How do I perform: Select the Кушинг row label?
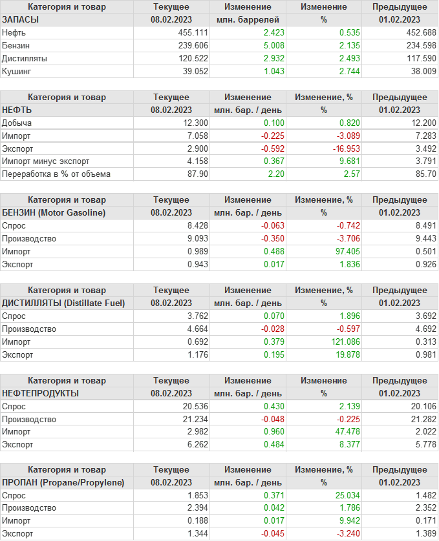click(16, 71)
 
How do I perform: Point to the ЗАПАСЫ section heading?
click(21, 19)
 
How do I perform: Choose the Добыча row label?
click(17, 123)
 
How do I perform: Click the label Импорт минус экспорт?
click(45, 161)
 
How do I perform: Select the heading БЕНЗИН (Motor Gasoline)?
click(54, 212)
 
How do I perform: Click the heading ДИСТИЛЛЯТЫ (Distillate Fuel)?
click(64, 303)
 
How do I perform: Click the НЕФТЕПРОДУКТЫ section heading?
click(41, 393)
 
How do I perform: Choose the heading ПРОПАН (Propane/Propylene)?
click(63, 482)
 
